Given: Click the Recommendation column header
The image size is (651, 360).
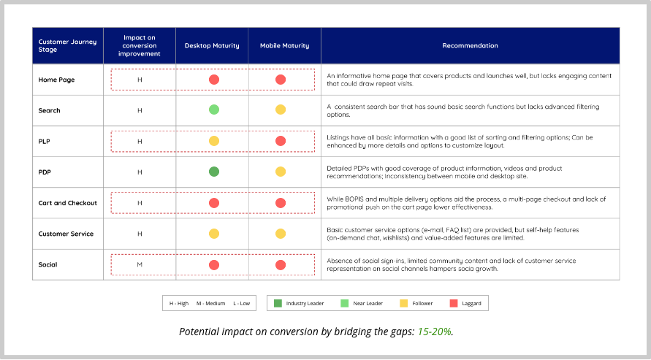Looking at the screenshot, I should pos(470,46).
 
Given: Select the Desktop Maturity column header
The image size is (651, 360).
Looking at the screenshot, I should pos(212,46).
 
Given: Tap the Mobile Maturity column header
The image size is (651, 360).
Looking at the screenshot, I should pos(284,46).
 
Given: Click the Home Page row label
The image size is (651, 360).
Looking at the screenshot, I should pos(56,80).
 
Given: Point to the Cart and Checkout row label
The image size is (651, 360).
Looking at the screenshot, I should pos(67,203).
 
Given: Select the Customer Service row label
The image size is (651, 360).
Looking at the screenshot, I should pos(66,234).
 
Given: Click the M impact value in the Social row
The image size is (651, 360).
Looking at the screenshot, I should pos(140,264).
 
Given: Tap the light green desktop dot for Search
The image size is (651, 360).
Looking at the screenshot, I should pos(214,110).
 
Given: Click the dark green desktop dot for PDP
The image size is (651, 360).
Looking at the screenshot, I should pos(214,172).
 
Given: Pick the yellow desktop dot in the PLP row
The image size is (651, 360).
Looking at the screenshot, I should pos(214,141).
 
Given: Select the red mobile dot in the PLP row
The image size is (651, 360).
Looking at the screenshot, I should pos(281,141).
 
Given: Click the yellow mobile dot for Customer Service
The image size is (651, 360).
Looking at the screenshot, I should pos(281,234).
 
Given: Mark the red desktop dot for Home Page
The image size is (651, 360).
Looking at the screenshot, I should pos(214,80).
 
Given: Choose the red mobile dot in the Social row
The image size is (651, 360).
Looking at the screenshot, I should pos(281,264).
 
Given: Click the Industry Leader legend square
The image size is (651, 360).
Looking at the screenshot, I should pos(278,303).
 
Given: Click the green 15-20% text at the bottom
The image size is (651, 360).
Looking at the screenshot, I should pos(435,332).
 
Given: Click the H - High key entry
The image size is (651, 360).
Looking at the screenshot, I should pos(179,303).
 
